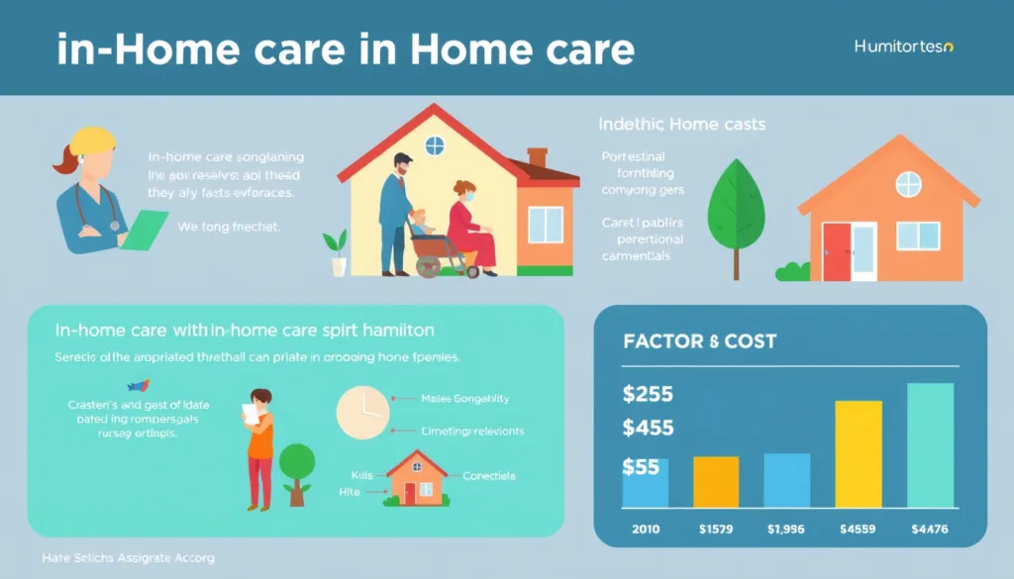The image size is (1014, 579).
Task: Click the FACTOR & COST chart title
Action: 700,341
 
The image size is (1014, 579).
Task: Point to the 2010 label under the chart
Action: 646,530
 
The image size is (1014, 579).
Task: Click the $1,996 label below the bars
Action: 787,530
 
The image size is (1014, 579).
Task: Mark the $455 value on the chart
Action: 649,429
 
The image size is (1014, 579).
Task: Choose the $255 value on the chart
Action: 649,394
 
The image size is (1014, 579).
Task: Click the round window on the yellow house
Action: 435,146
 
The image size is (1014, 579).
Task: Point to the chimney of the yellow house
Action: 538,157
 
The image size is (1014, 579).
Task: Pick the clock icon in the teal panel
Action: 364,414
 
